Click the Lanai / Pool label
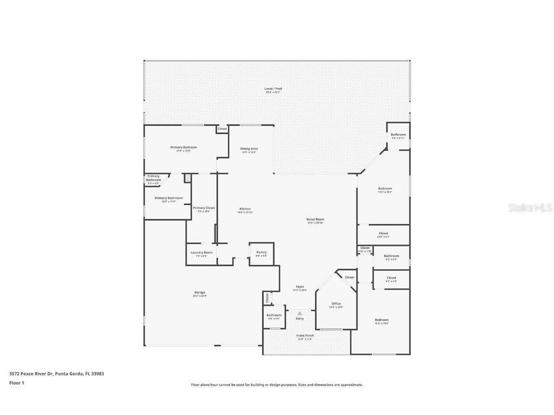(x=273, y=89)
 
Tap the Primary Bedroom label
(x=183, y=147)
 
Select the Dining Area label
(x=249, y=149)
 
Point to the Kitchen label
(x=245, y=209)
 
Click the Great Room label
(x=315, y=220)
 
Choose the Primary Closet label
(x=204, y=208)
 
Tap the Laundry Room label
(x=201, y=253)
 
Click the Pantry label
(x=261, y=253)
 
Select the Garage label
(x=200, y=293)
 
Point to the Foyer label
(x=300, y=287)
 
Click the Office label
(x=336, y=304)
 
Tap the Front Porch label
(x=305, y=336)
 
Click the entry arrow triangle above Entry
(x=300, y=313)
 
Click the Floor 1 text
(x=16, y=383)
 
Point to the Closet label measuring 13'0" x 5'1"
(x=383, y=233)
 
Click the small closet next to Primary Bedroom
(x=222, y=129)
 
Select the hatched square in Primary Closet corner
(x=188, y=178)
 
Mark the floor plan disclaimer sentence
(x=277, y=385)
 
